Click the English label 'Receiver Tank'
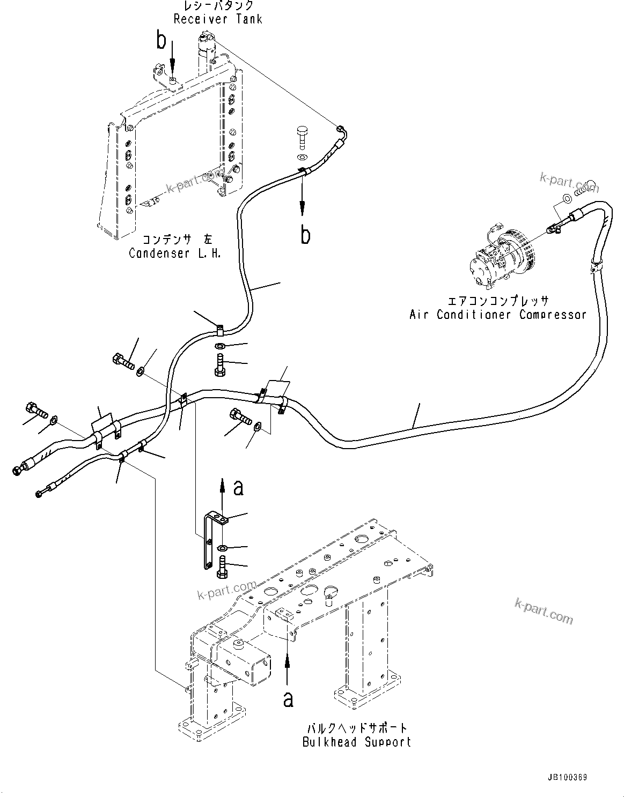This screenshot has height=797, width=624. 218,19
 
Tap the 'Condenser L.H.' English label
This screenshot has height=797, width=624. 175,253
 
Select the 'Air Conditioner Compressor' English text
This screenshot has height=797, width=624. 497,315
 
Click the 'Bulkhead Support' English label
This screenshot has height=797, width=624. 357,742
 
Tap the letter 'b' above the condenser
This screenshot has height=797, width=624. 161,40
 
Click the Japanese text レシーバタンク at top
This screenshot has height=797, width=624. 218,6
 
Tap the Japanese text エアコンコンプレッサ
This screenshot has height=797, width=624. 497,301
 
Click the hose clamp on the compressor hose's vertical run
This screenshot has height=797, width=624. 596,264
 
